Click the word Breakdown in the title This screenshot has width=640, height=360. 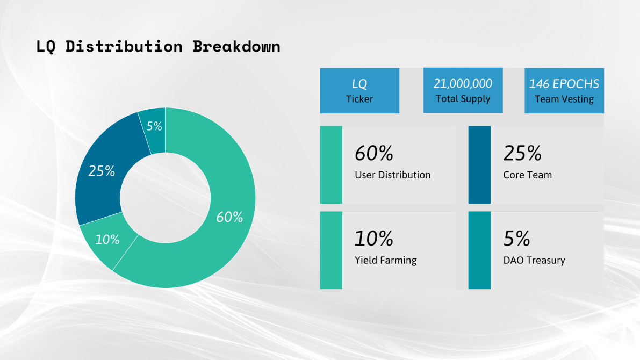tap(236, 47)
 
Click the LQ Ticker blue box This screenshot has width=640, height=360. tap(359, 91)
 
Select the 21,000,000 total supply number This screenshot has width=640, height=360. tap(463, 83)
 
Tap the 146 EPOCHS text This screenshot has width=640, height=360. tap(564, 84)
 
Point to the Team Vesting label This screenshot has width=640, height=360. tap(564, 99)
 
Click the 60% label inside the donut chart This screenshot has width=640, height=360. tap(229, 217)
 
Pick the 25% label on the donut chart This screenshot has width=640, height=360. tap(102, 171)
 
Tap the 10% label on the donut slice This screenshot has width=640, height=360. tap(107, 239)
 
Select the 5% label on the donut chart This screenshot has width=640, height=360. tap(154, 126)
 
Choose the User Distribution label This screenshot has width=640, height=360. tap(393, 175)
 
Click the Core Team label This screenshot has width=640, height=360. tap(527, 175)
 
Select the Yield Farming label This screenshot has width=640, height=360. tap(386, 261)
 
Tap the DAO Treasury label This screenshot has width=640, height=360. tap(534, 261)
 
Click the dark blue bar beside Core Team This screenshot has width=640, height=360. tap(479, 165)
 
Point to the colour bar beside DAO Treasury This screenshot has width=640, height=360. tap(479, 250)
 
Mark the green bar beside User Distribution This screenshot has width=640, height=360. tap(331, 165)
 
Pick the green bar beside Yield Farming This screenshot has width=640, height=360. tap(331, 250)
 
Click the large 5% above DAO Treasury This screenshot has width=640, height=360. tap(517, 239)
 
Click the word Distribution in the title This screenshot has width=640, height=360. tap(124, 47)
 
